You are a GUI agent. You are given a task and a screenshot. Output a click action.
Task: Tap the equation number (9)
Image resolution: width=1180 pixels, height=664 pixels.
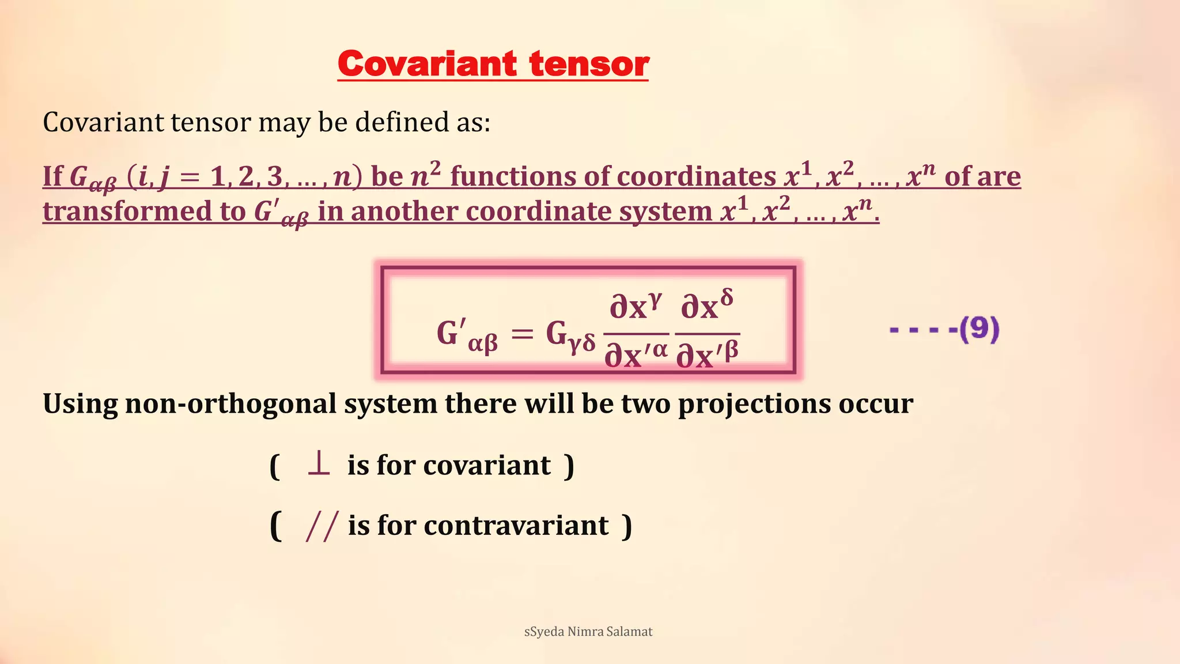tap(979, 329)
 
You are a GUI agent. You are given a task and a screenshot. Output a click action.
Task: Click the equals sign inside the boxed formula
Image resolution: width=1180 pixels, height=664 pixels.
tap(522, 334)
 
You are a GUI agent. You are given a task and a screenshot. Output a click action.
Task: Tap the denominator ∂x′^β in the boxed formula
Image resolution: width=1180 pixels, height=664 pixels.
tap(707, 354)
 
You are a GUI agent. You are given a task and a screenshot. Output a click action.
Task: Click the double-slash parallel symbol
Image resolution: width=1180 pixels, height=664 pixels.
tap(321, 526)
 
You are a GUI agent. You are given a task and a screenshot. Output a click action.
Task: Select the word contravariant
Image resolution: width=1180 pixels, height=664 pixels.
tap(516, 526)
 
